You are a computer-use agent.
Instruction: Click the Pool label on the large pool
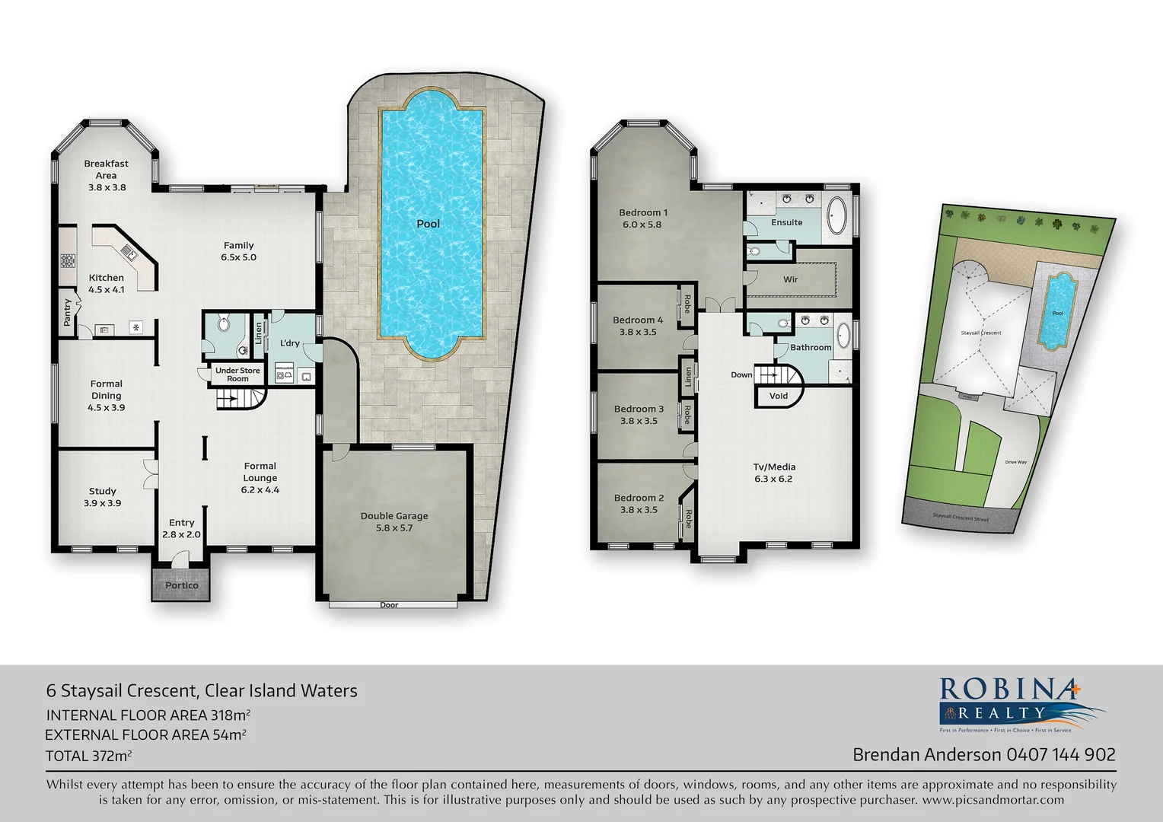tap(428, 224)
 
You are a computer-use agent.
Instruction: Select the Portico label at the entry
tap(182, 585)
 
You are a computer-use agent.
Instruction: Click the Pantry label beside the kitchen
tap(68, 312)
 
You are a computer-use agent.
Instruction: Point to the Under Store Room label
tap(237, 374)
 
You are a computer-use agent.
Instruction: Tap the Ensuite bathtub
tap(836, 216)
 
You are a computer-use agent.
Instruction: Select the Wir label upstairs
tap(791, 279)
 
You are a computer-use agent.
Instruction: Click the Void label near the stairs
tap(778, 396)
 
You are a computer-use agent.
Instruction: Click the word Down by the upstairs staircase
tap(741, 374)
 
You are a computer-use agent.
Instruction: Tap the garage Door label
tap(389, 605)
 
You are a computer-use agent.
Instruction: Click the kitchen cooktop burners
tap(68, 260)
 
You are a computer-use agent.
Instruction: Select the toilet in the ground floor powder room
tap(223, 325)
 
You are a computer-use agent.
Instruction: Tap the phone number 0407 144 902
tap(1061, 754)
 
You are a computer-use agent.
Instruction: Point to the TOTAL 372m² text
tap(88, 756)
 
